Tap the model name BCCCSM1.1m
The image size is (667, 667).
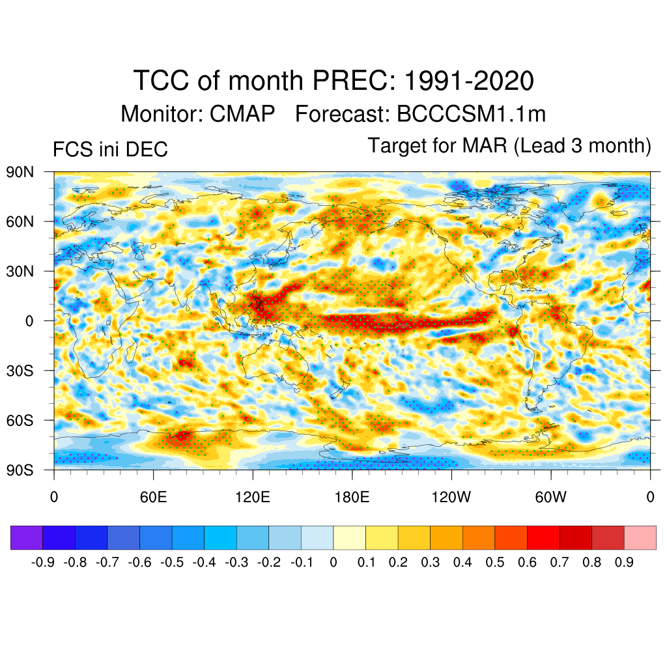tap(470, 114)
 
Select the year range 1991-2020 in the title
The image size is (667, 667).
tap(469, 81)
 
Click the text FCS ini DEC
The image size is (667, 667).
tap(110, 150)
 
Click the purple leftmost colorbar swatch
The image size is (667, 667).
tap(27, 538)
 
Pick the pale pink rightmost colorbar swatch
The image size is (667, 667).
tap(640, 538)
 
